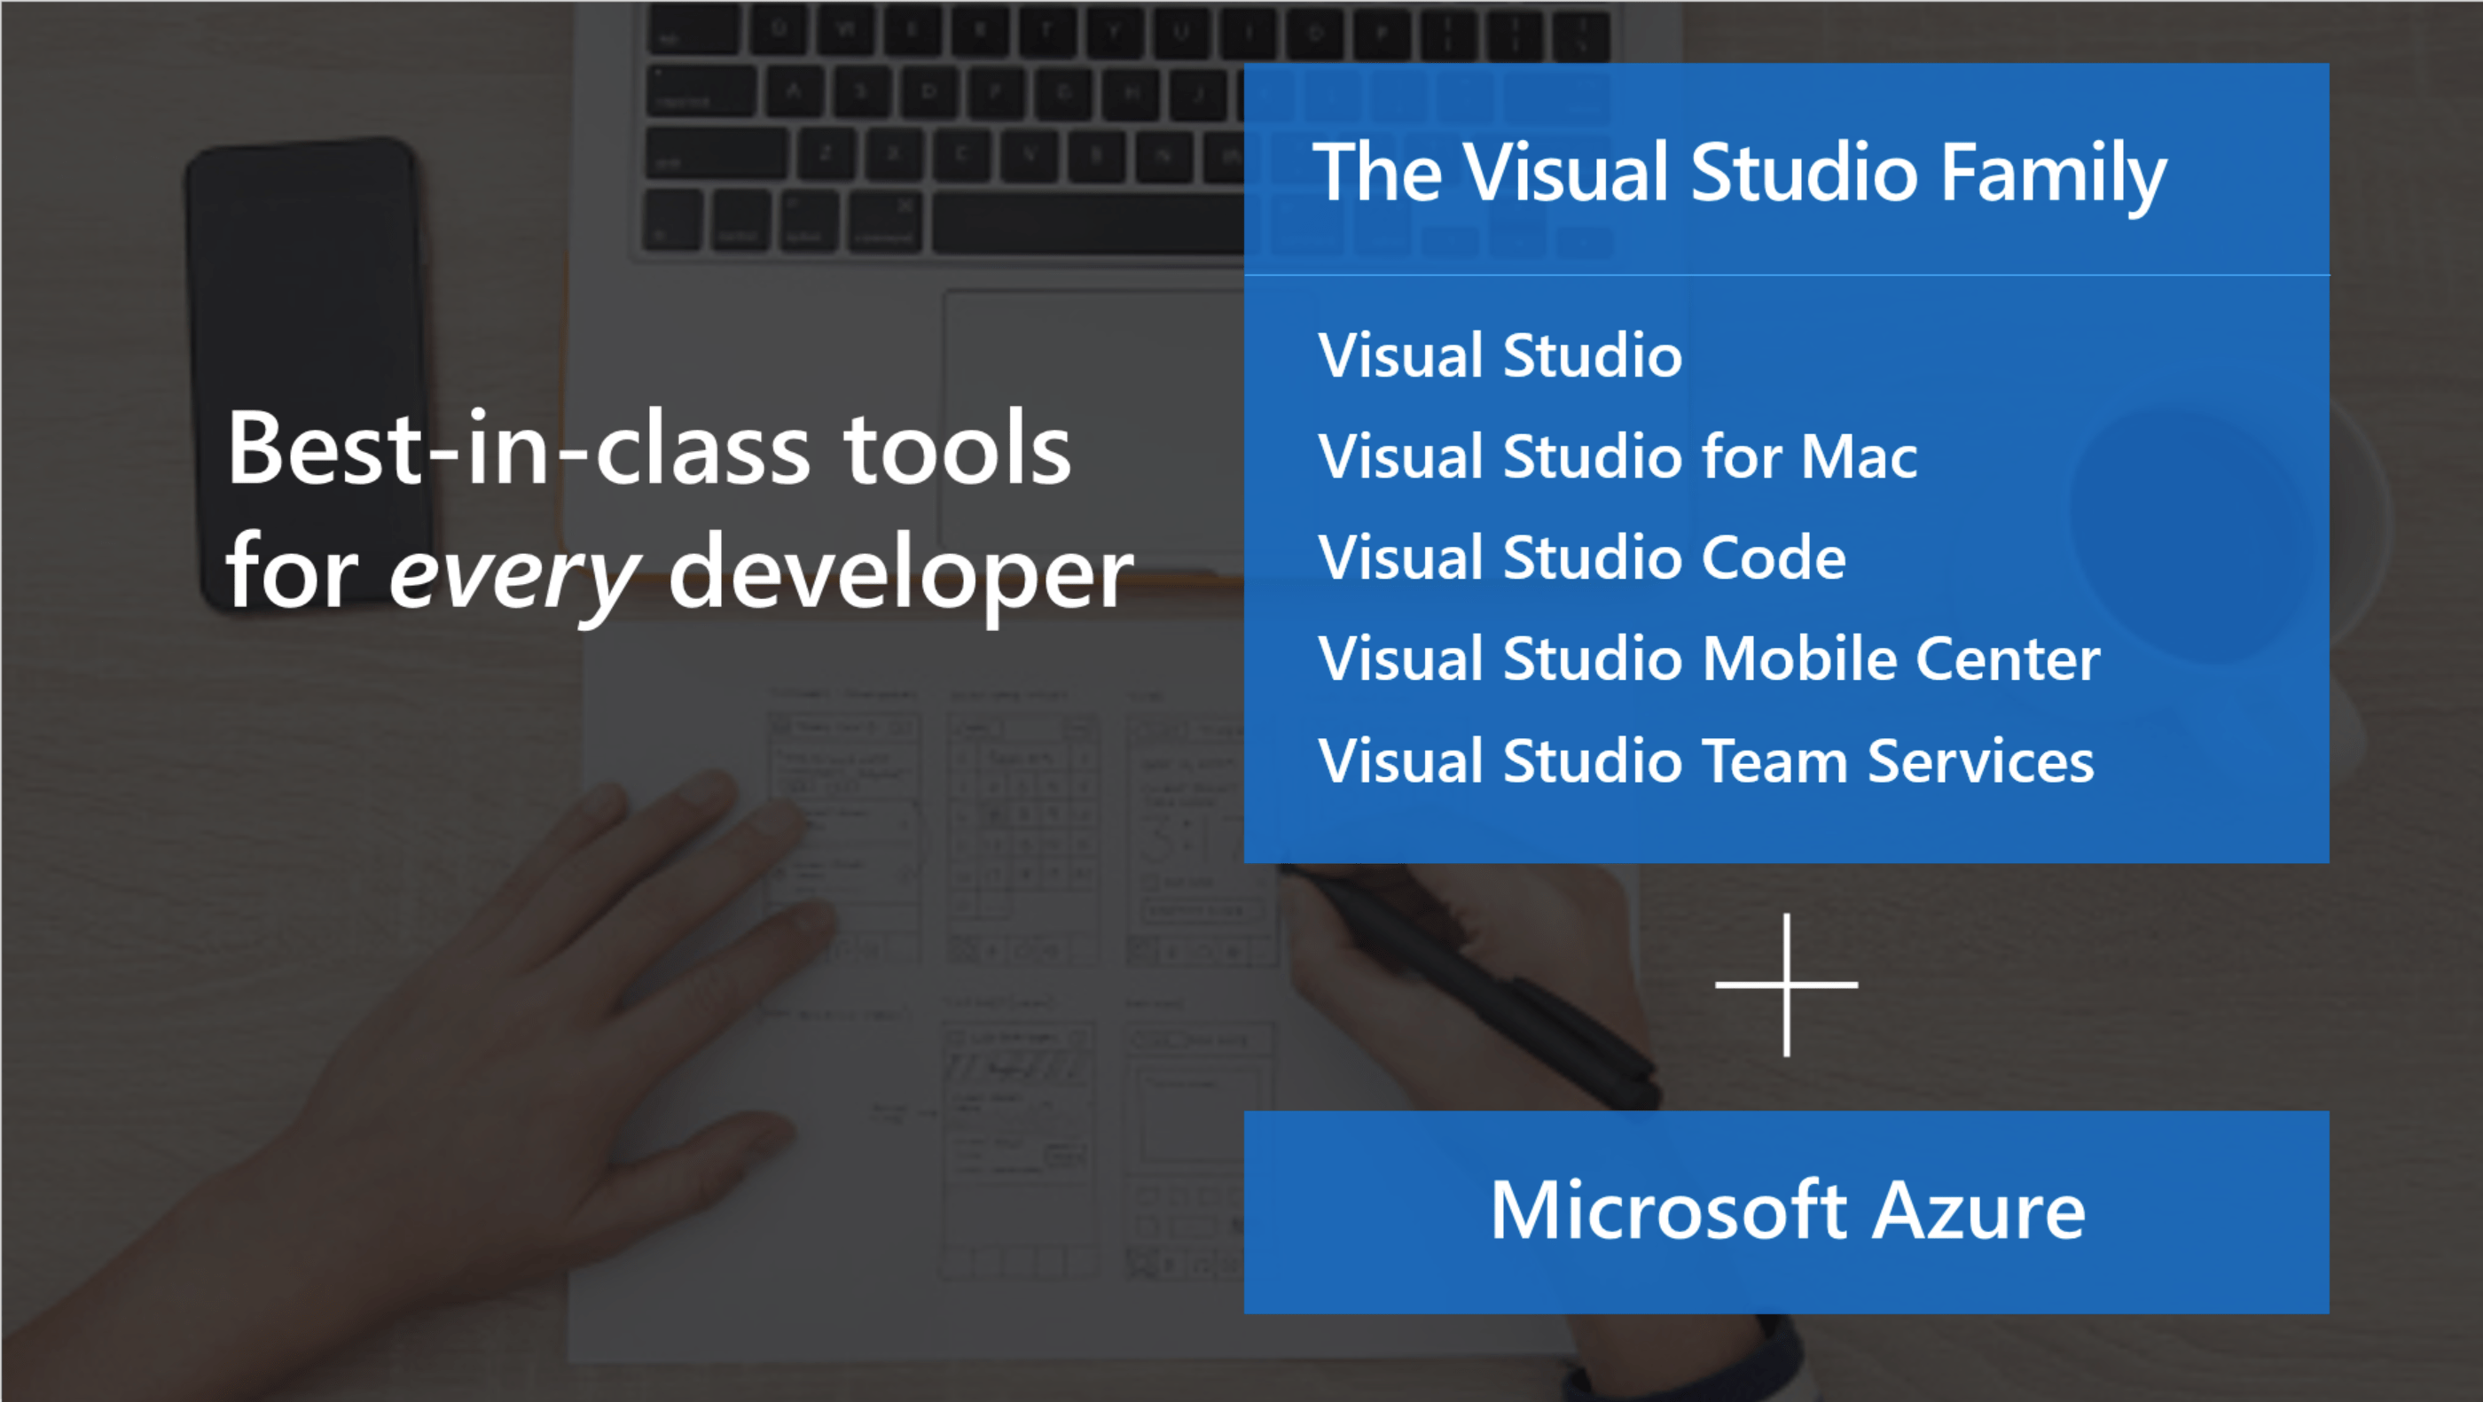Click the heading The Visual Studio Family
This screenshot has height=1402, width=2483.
[1740, 174]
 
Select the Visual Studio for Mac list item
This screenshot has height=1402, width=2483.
[1617, 456]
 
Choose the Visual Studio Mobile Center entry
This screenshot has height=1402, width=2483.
[1709, 659]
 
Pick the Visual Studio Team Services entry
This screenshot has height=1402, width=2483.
[1706, 760]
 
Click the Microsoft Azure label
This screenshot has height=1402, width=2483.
[1787, 1211]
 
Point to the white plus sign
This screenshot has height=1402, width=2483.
[1787, 985]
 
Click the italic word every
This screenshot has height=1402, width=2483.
[513, 576]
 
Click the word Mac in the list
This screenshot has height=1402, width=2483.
[1859, 456]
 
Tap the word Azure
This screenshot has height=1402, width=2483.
[1979, 1211]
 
